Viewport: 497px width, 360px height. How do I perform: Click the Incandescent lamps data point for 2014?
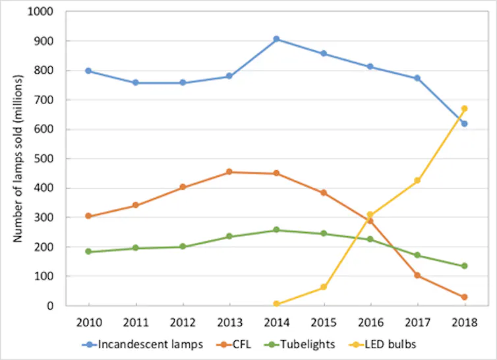(277, 39)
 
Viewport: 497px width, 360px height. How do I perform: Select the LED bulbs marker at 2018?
(464, 109)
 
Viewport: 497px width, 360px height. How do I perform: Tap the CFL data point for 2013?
(229, 172)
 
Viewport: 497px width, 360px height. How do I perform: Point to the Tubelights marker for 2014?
(277, 230)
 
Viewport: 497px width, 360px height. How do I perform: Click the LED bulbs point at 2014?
(277, 304)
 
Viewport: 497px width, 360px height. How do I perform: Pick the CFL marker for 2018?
(464, 297)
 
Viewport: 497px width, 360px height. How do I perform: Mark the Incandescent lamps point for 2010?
(88, 71)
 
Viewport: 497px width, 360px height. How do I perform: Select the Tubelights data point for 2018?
(464, 266)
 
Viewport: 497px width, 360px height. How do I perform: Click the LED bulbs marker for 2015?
(324, 287)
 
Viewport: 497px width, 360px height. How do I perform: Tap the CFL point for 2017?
(417, 275)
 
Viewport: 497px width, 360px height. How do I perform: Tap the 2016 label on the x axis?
(370, 322)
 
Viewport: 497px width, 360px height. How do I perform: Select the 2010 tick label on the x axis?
(88, 322)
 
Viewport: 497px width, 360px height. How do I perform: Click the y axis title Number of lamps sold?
(19, 159)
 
